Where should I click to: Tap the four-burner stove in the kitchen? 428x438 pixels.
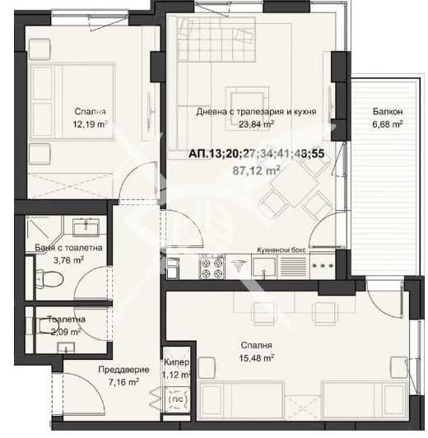click(210, 267)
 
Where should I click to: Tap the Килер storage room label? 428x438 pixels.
click(177, 362)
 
